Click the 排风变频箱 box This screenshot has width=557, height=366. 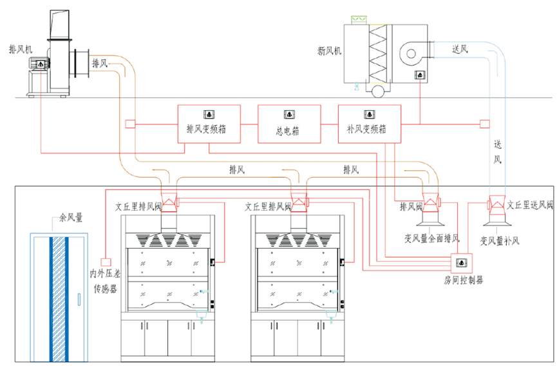[x=209, y=124]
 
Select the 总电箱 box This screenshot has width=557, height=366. [x=289, y=124]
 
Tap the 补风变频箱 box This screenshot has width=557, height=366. [x=370, y=124]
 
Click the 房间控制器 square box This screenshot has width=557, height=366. [x=462, y=263]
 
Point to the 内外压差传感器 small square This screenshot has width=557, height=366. [x=106, y=262]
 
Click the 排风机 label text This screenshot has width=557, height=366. [x=21, y=49]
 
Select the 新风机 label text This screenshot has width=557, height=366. [x=329, y=51]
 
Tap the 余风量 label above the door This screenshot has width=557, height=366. [x=71, y=217]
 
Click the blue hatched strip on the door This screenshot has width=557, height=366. [x=59, y=299]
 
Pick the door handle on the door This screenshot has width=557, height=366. [x=79, y=299]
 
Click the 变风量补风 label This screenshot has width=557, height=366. [x=500, y=241]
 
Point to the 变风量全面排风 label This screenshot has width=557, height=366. [x=432, y=238]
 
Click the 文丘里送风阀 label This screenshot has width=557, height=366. [x=530, y=205]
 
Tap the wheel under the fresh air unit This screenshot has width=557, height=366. [x=377, y=91]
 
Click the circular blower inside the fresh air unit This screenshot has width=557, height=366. [x=411, y=54]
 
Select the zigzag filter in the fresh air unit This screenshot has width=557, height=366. [x=377, y=53]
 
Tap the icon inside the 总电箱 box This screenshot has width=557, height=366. [x=290, y=115]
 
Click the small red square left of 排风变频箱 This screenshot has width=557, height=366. [x=130, y=124]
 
